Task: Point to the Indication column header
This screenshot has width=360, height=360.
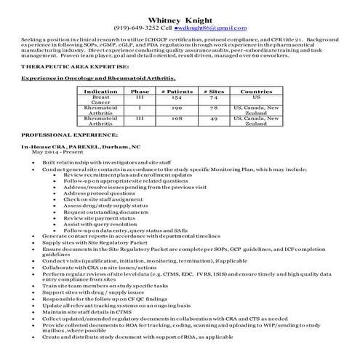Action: click(100, 92)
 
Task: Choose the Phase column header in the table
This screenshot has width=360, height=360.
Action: click(140, 92)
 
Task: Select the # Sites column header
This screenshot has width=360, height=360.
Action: click(213, 92)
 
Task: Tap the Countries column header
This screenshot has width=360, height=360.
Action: click(256, 92)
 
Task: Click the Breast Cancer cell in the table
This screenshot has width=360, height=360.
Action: click(100, 100)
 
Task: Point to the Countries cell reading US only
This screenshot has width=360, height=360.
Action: click(256, 97)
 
